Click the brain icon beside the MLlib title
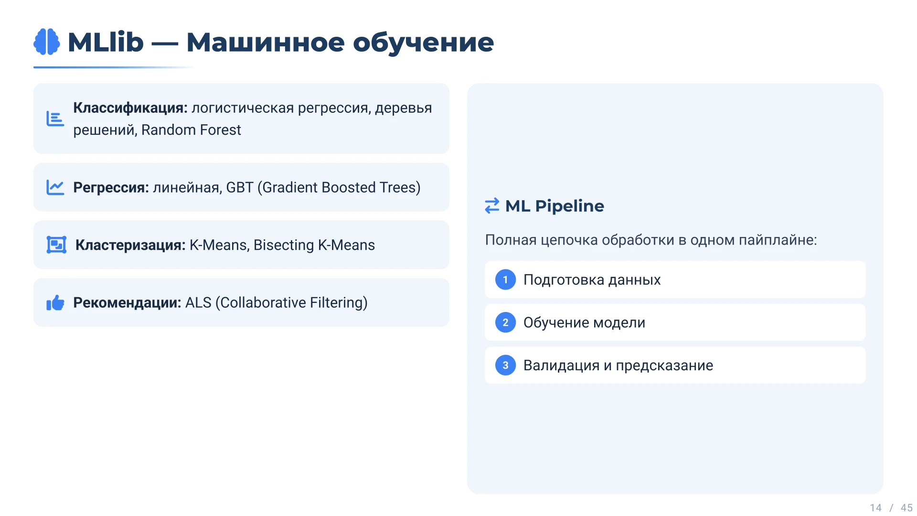[x=47, y=42]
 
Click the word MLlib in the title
[x=106, y=42]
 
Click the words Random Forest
[x=191, y=130]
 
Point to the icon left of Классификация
[x=55, y=118]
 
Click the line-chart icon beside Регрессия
[x=55, y=187]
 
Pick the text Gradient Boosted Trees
[x=339, y=187]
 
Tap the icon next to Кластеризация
[x=56, y=245]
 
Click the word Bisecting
[x=284, y=245]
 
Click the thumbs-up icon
[x=55, y=302]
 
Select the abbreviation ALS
[x=198, y=302]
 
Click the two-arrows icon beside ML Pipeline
[x=492, y=206]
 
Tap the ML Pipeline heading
[x=554, y=206]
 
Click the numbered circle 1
[x=505, y=279]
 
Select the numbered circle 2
[x=505, y=322]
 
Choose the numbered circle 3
[x=505, y=365]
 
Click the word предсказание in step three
[x=664, y=365]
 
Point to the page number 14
[x=875, y=508]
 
